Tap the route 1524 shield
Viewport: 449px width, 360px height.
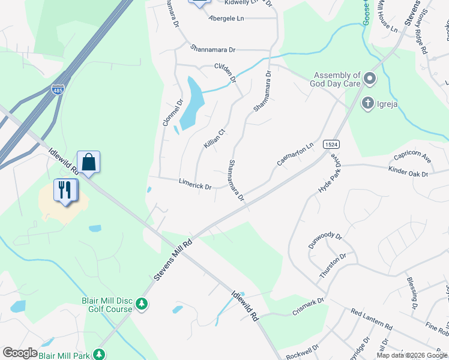pyautogui.click(x=330, y=145)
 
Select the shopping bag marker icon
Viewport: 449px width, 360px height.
pyautogui.click(x=88, y=162)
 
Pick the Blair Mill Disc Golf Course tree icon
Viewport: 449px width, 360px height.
pyautogui.click(x=142, y=304)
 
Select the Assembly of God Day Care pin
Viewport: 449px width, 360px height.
pyautogui.click(x=370, y=79)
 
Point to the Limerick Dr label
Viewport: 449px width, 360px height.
pyautogui.click(x=195, y=184)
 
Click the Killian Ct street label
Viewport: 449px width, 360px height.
pyautogui.click(x=214, y=139)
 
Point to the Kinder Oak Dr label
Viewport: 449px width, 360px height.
pyautogui.click(x=408, y=174)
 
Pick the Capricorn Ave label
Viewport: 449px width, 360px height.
pyautogui.click(x=412, y=157)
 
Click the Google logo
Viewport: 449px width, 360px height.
pyautogui.click(x=20, y=353)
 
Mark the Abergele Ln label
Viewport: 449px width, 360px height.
pyautogui.click(x=227, y=19)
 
